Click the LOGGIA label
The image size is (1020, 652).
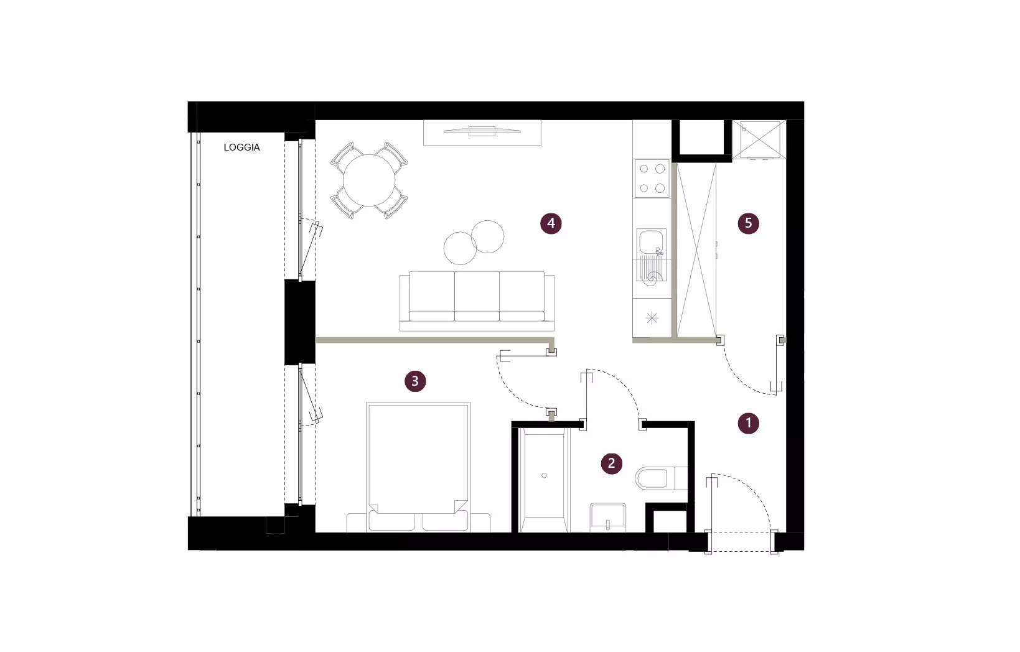click(241, 147)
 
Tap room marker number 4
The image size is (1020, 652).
click(551, 223)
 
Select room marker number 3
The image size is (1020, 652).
click(415, 381)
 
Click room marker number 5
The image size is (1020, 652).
click(748, 223)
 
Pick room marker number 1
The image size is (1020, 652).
click(748, 423)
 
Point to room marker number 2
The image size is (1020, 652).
click(611, 463)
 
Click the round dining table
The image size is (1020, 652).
click(369, 180)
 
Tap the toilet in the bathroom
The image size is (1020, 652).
click(660, 478)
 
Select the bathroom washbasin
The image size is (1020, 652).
click(608, 517)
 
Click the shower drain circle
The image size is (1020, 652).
click(544, 475)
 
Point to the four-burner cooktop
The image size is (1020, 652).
click(652, 178)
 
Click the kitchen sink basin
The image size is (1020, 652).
click(651, 242)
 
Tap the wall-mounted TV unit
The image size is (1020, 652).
click(482, 132)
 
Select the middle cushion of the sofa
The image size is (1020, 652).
click(477, 296)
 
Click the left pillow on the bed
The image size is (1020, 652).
click(391, 520)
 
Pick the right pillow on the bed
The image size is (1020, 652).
click(446, 520)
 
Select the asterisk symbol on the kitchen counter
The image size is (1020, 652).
click(652, 318)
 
